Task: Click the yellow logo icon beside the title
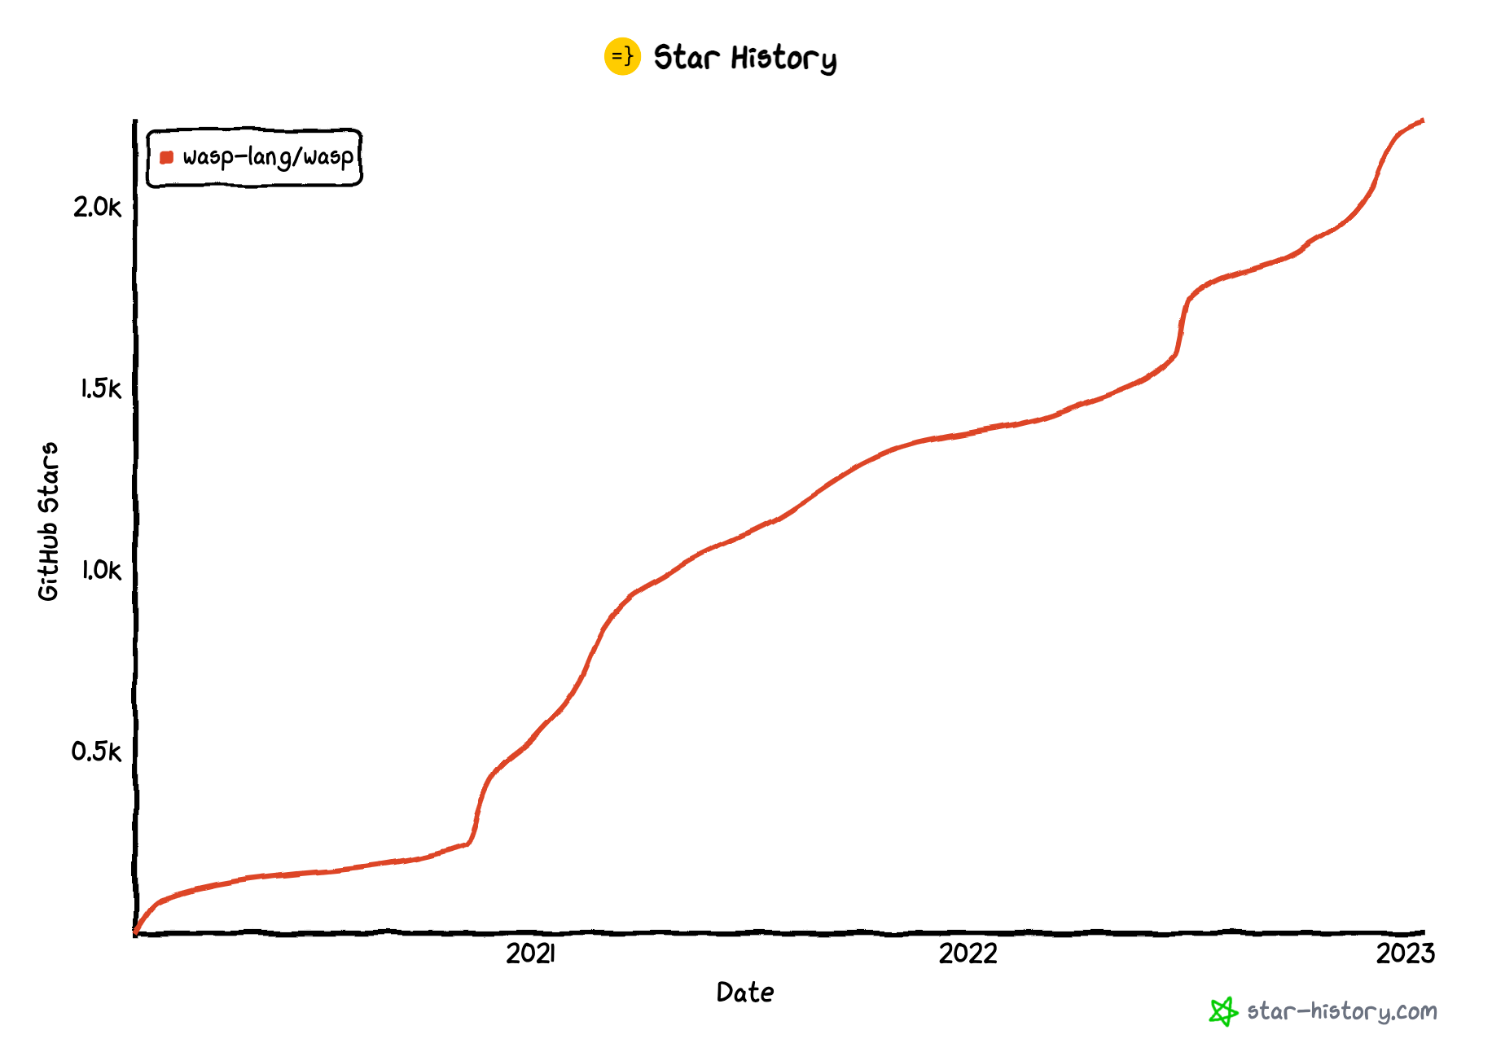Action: click(622, 57)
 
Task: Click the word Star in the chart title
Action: click(687, 58)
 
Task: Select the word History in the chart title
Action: click(783, 59)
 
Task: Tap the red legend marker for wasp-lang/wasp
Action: click(167, 157)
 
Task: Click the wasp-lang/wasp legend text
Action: click(268, 157)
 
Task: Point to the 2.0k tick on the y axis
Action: click(97, 208)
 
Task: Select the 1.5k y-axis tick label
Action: click(100, 389)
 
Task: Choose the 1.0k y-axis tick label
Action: click(100, 570)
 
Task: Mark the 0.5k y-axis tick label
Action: click(96, 752)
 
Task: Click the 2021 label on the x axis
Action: click(530, 953)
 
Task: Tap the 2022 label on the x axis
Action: click(968, 953)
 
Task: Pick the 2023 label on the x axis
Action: click(1405, 953)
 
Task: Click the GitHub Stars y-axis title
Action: click(49, 522)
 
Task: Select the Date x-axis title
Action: click(744, 993)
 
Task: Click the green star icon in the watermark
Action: click(1222, 1011)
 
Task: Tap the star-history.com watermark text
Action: click(1341, 1011)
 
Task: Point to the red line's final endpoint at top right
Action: click(1422, 121)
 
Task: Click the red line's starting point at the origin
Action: click(136, 931)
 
